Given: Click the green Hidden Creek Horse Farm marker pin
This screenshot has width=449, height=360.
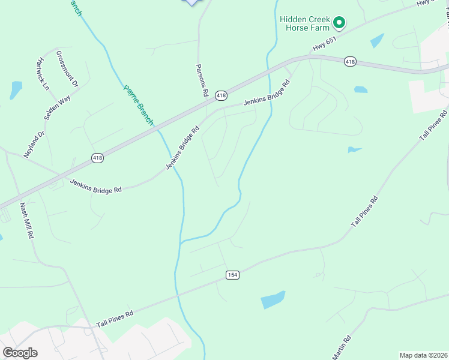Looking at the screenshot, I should tap(339, 23).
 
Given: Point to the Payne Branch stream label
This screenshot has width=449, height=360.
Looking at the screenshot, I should tap(139, 104).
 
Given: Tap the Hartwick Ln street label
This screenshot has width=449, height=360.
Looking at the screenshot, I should tap(42, 74).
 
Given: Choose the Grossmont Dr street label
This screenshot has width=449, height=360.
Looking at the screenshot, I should tap(67, 68).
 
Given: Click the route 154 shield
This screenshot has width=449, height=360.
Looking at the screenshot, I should tap(233, 274).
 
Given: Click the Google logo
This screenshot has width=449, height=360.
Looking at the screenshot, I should tap(20, 353).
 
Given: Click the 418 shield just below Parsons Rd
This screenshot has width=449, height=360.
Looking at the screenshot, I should tap(221, 95).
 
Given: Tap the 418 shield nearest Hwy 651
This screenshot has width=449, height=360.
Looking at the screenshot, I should tap(351, 61).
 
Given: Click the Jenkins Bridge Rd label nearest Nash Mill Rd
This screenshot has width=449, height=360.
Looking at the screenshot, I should tap(96, 185).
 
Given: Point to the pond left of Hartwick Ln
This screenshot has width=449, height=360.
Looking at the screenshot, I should tap(16, 89).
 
